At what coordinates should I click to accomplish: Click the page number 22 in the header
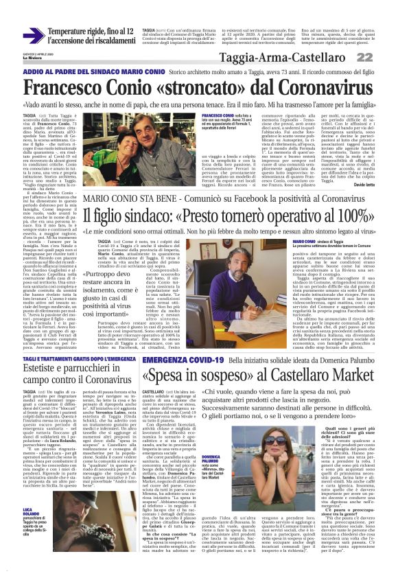pos(384,58)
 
